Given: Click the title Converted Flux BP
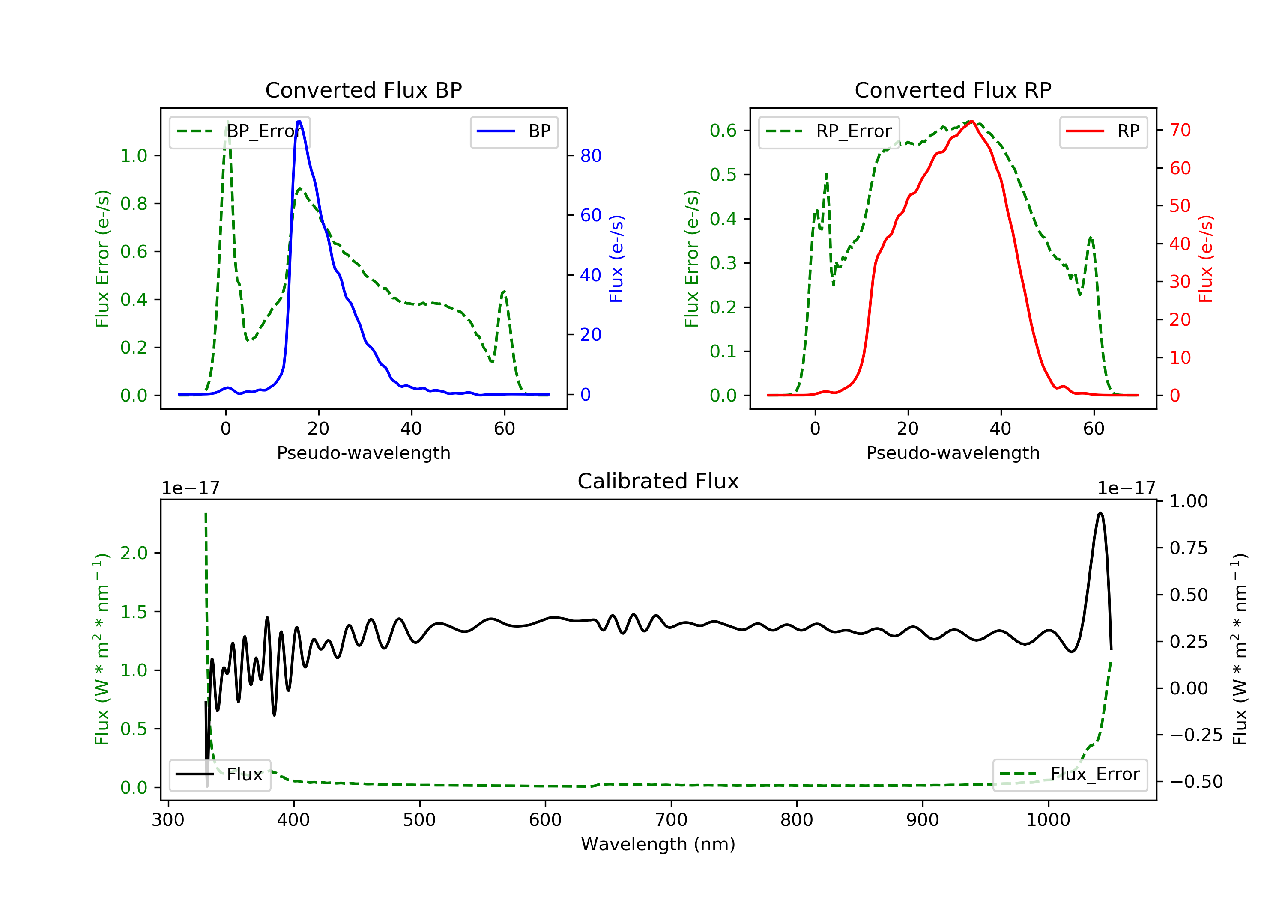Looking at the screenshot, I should (x=363, y=90).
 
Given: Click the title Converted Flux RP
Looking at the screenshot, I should (x=953, y=90).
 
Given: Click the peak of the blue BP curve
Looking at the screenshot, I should (x=299, y=122).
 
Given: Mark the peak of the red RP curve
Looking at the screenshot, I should (x=971, y=122).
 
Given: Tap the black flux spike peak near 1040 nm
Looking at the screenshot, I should (x=1100, y=513).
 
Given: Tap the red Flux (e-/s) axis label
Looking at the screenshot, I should (x=1205, y=259).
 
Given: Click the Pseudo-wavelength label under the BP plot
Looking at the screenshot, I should (x=363, y=452).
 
